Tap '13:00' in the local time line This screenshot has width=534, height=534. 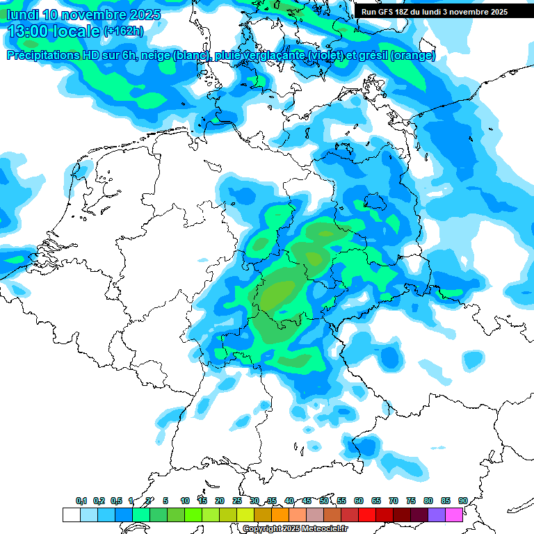[27, 31]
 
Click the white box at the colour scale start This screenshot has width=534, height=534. [71, 515]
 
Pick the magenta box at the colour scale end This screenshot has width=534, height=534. [454, 515]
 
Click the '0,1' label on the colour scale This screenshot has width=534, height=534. [81, 501]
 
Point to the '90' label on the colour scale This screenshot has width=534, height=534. [462, 501]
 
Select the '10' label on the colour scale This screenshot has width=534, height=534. [185, 501]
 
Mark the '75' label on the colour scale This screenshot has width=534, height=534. [411, 501]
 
